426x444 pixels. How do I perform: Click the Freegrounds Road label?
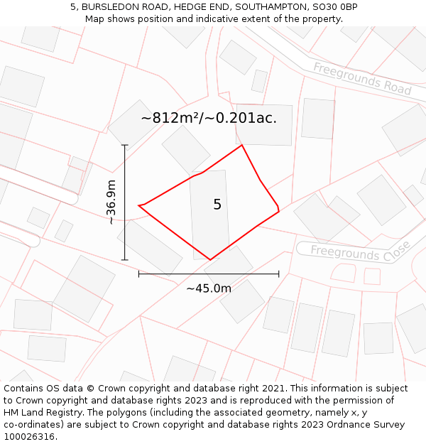(362, 79)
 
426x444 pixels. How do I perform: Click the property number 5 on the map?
(217, 205)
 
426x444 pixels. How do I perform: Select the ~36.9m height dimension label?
(111, 202)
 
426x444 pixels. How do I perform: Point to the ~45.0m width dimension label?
(209, 288)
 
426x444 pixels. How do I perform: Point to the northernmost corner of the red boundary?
(242, 146)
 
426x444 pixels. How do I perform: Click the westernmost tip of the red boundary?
(138, 206)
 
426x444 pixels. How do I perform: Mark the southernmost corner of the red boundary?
(210, 260)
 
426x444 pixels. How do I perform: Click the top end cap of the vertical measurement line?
(125, 146)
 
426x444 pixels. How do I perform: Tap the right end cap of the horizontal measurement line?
(278, 274)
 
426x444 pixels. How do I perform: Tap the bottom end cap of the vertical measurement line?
(125, 260)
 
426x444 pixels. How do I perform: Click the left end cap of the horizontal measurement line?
(138, 274)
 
